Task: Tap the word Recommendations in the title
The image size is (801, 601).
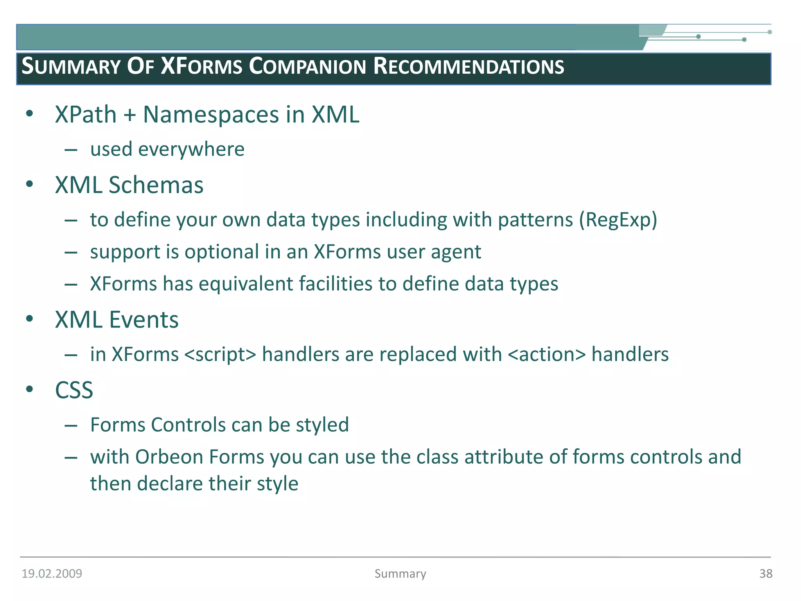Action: coord(469,66)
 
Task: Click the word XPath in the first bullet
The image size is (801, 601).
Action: coord(86,115)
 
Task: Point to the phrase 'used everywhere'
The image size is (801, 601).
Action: coord(167,149)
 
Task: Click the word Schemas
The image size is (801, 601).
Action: coord(156,185)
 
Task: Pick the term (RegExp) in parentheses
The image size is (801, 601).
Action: coord(618,220)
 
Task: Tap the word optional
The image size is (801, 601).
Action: coord(222,252)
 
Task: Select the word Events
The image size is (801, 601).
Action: coord(144,320)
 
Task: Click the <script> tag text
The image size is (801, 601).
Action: coord(220,354)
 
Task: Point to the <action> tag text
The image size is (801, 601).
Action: coord(547,354)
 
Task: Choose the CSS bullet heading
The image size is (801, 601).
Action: coord(74,390)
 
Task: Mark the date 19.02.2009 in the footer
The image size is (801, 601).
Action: coord(52,574)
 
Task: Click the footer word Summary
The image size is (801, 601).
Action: coord(400,574)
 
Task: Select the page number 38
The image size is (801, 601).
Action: coord(765,574)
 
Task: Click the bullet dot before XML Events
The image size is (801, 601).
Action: coord(29,318)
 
